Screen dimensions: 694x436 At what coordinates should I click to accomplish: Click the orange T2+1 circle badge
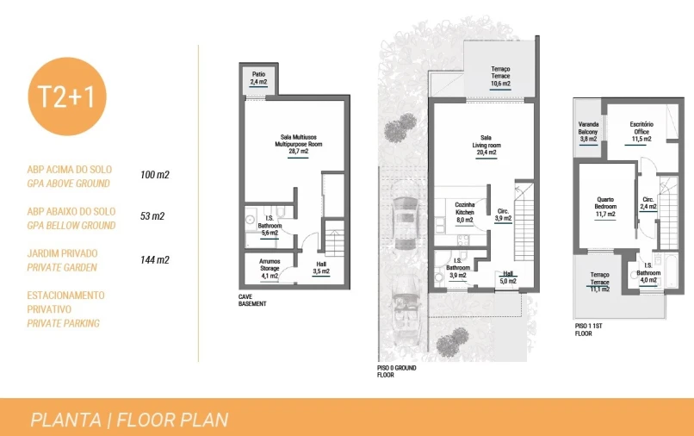[67, 97]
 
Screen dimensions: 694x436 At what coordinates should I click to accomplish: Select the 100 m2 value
[155, 175]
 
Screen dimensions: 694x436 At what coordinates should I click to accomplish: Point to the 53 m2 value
[152, 216]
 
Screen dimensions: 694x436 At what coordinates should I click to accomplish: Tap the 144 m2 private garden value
[155, 260]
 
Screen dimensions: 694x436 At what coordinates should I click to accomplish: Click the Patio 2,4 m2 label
[259, 78]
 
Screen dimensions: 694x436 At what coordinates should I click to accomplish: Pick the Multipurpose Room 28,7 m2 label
[299, 145]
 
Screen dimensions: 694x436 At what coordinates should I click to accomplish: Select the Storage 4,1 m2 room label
[270, 269]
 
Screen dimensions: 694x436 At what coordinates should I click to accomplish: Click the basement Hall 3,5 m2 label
[321, 268]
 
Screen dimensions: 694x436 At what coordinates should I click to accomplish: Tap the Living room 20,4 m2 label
[486, 146]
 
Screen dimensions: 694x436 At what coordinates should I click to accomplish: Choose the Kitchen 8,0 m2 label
[465, 212]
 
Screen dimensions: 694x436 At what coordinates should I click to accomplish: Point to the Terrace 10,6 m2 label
[500, 76]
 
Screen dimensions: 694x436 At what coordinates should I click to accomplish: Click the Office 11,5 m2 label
[641, 132]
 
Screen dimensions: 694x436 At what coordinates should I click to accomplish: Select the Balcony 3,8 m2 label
[588, 132]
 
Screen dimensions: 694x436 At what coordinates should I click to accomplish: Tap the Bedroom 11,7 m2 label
[605, 207]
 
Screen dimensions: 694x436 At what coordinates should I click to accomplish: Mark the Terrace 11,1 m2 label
[600, 283]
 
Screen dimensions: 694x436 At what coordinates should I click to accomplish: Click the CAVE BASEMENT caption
[252, 301]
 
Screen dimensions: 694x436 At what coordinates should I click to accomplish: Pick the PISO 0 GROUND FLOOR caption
[397, 371]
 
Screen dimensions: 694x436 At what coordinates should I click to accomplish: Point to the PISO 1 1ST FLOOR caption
[589, 330]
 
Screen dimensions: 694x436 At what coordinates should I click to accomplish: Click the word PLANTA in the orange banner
[66, 420]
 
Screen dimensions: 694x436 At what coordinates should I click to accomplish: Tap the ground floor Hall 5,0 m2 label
[508, 277]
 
